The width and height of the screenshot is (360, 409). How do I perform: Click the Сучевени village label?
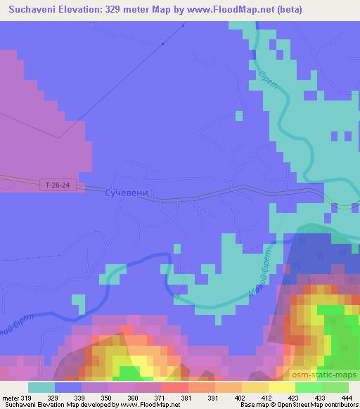tap(126, 192)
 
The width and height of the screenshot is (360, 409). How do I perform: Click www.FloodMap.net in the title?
tap(238, 8)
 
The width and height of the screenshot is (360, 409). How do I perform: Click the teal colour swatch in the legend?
tap(41, 387)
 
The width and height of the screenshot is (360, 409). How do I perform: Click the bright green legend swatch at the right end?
tap(335, 387)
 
